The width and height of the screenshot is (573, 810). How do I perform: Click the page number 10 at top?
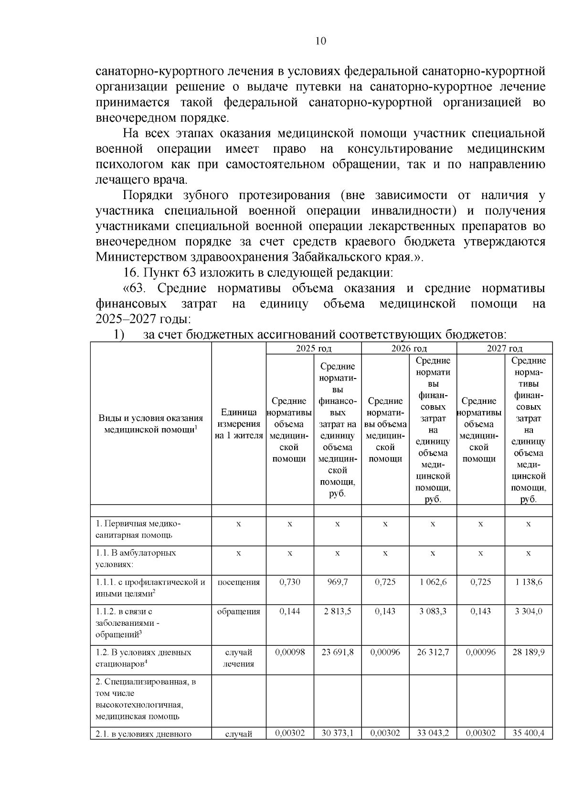[321, 41]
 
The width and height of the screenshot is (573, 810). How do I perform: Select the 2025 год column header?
[313, 349]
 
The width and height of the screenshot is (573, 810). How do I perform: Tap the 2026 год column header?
[409, 349]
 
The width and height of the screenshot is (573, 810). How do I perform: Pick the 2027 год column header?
[504, 349]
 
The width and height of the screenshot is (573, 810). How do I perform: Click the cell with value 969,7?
[337, 582]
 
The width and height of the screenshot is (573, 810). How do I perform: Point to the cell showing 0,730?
[289, 582]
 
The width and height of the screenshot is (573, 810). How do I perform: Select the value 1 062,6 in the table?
[433, 582]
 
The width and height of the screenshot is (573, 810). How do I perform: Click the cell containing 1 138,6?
[528, 582]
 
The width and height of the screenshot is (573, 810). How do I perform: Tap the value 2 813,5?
[337, 611]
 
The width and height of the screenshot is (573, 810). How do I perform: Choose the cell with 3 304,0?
[528, 611]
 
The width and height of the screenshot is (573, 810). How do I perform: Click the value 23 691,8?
[337, 652]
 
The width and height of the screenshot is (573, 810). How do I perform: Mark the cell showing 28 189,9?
[528, 652]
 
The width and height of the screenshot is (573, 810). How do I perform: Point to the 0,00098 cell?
[289, 652]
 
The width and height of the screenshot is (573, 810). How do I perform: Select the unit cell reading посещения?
[239, 582]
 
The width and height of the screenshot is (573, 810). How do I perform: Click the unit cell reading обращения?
[239, 611]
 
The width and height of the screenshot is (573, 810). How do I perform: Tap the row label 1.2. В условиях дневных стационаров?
[143, 658]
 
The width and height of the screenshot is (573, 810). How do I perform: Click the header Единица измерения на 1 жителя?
[239, 424]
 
